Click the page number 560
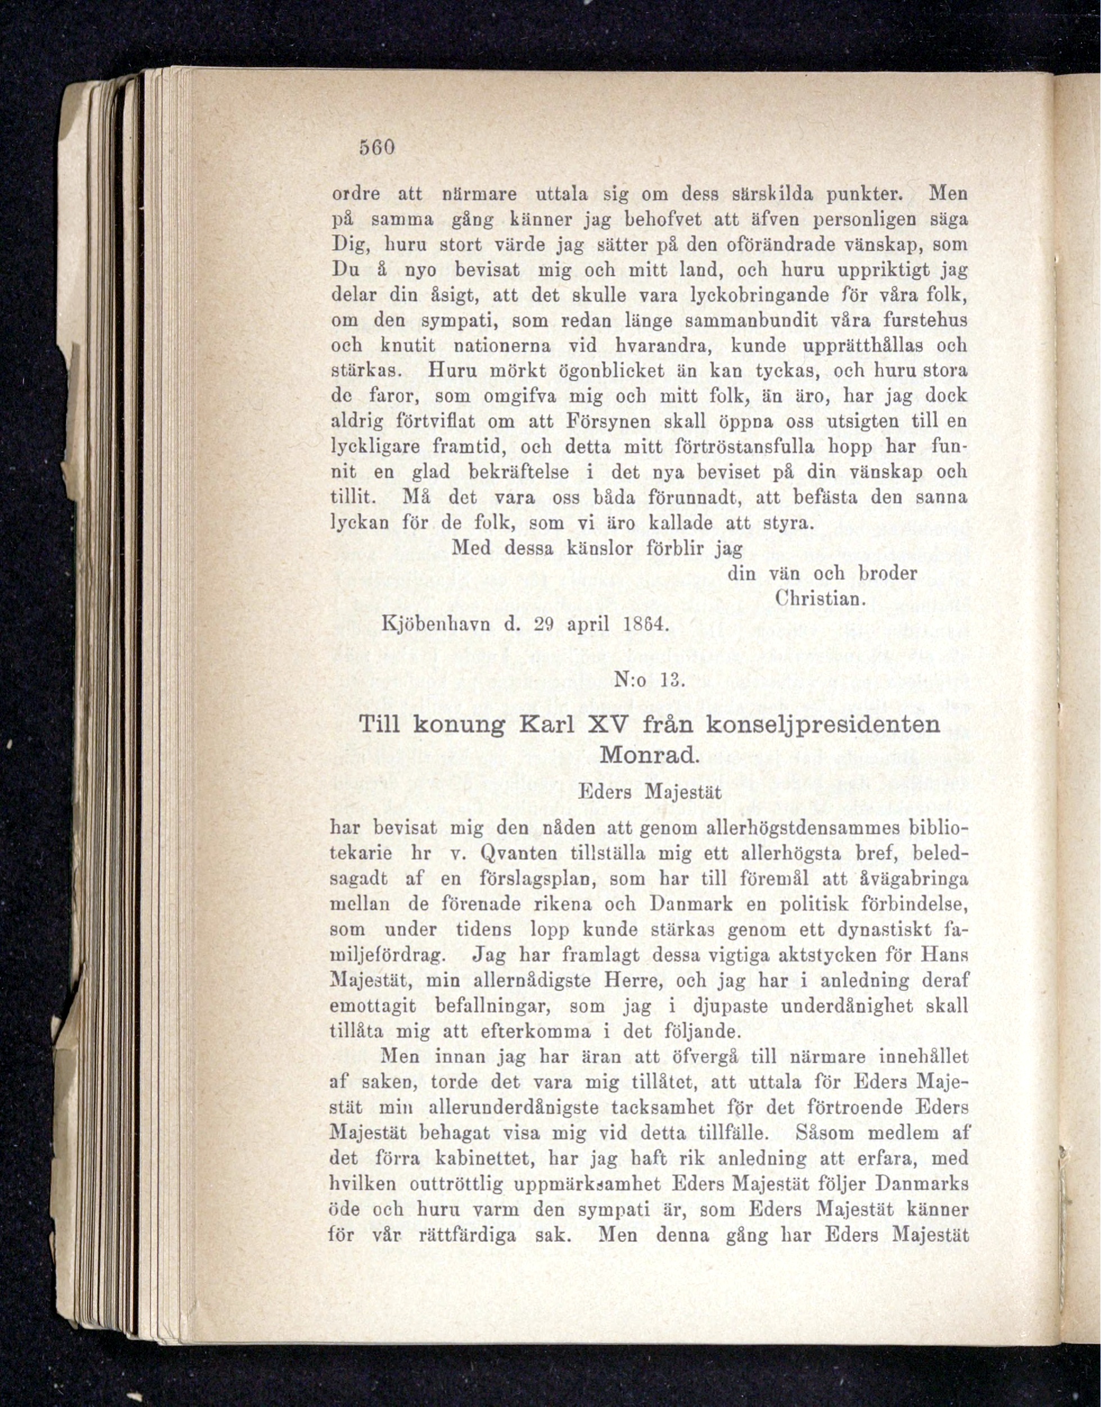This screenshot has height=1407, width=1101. pyautogui.click(x=377, y=148)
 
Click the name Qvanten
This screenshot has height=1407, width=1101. pyautogui.click(x=518, y=854)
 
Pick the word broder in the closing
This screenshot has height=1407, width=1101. pyautogui.click(x=887, y=573)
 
